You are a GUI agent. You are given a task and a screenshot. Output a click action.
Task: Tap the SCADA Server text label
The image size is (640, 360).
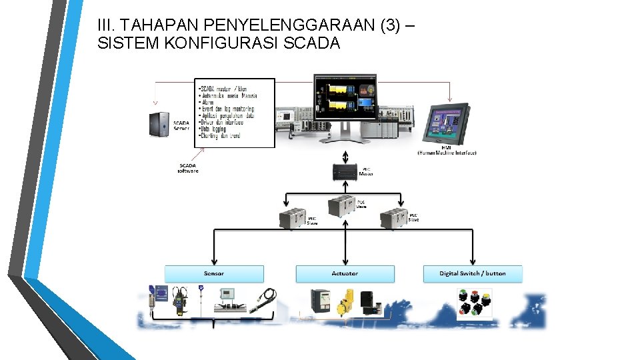[x=181, y=125]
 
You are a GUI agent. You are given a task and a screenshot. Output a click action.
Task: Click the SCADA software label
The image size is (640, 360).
[x=188, y=168]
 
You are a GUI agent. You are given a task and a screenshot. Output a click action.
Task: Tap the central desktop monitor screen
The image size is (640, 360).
[x=345, y=97]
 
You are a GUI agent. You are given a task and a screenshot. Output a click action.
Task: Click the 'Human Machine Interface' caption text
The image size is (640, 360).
[x=447, y=153]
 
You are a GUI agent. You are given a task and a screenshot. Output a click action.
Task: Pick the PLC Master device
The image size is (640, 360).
[x=345, y=173]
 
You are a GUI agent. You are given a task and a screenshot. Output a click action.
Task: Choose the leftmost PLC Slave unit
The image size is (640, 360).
[x=291, y=218]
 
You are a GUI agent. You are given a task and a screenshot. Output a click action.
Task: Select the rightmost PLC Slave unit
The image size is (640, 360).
[x=393, y=217]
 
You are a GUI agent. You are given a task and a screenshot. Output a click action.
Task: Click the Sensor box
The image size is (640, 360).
[x=214, y=273]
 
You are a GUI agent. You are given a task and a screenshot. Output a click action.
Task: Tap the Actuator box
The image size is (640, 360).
[x=345, y=273]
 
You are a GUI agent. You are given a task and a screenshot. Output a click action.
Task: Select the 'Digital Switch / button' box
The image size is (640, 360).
[x=473, y=273]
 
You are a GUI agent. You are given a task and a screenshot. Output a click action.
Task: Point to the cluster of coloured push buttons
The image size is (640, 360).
[x=474, y=302]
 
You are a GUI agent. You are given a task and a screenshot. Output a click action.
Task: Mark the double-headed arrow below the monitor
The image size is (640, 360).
[x=345, y=156]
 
